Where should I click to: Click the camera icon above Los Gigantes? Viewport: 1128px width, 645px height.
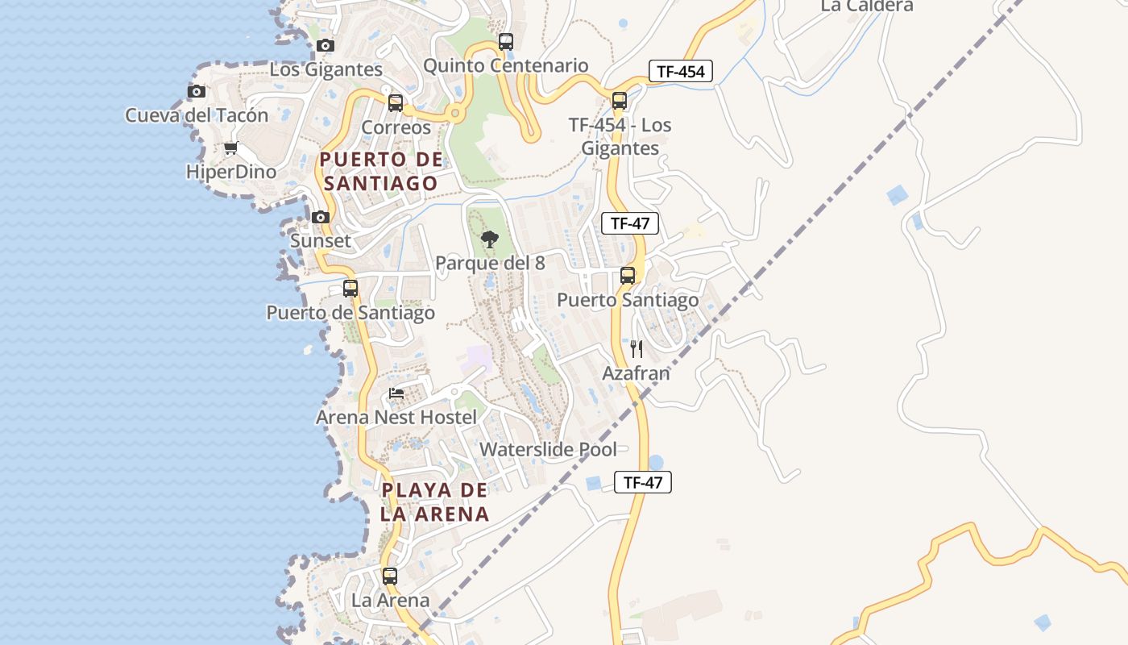326,45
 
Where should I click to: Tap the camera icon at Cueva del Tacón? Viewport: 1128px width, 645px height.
197,91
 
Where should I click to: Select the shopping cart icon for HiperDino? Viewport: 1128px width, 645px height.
231,148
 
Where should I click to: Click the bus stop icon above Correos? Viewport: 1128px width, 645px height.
396,103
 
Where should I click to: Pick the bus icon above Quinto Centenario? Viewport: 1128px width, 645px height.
506,42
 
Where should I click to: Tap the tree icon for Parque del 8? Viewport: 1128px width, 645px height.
489,239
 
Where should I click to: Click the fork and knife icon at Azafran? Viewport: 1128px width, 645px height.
637,349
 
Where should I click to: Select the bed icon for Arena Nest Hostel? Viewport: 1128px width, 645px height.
396,393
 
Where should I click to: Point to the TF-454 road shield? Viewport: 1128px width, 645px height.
681,71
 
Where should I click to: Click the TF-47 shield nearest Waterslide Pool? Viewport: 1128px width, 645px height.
643,482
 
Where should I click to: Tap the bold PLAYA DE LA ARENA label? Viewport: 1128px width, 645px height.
435,501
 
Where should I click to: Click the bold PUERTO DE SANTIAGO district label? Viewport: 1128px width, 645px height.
382,171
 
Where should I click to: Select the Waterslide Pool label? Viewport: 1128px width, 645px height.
549,449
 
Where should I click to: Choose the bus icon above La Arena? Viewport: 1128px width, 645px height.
390,576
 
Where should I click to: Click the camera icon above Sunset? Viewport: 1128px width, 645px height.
321,217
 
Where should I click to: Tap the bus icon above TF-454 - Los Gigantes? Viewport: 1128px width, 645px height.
620,101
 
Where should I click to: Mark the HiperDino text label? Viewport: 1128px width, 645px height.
231,172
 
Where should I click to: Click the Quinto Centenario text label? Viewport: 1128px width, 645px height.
506,65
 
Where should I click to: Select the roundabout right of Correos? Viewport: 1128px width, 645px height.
455,114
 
